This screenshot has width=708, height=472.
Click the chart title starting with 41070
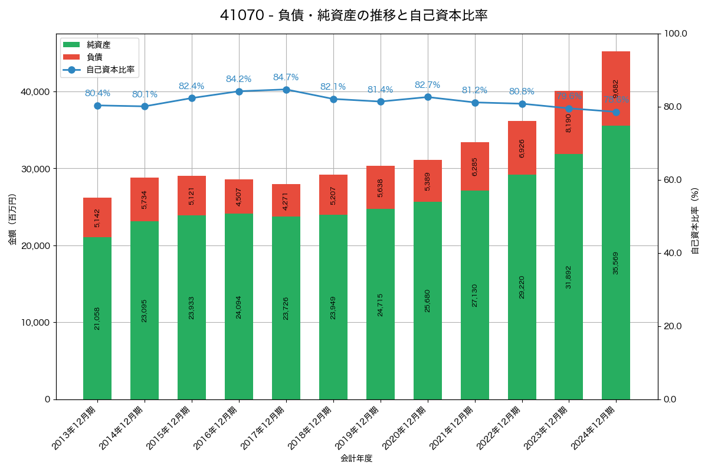pyautogui.click(x=353, y=15)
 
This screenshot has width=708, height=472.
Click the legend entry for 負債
pyautogui.click(x=94, y=57)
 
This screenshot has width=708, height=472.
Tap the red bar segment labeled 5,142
pyautogui.click(x=97, y=217)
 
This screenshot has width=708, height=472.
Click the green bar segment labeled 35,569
pyautogui.click(x=616, y=263)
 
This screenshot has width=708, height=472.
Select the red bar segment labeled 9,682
pyautogui.click(x=616, y=88)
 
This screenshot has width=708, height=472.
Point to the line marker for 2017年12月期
pyautogui.click(x=286, y=90)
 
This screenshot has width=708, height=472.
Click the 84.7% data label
pyautogui.click(x=286, y=77)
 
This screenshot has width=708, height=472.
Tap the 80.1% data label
pyautogui.click(x=145, y=94)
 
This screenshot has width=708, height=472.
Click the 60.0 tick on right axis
pyautogui.click(x=674, y=180)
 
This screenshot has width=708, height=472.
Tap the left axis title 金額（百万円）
pyautogui.click(x=12, y=219)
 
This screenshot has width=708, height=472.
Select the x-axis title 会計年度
pyautogui.click(x=356, y=458)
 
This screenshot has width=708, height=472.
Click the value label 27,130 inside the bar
pyautogui.click(x=475, y=294)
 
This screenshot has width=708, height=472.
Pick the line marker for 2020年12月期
pyautogui.click(x=428, y=97)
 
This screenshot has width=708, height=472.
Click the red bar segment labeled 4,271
pyautogui.click(x=286, y=201)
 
